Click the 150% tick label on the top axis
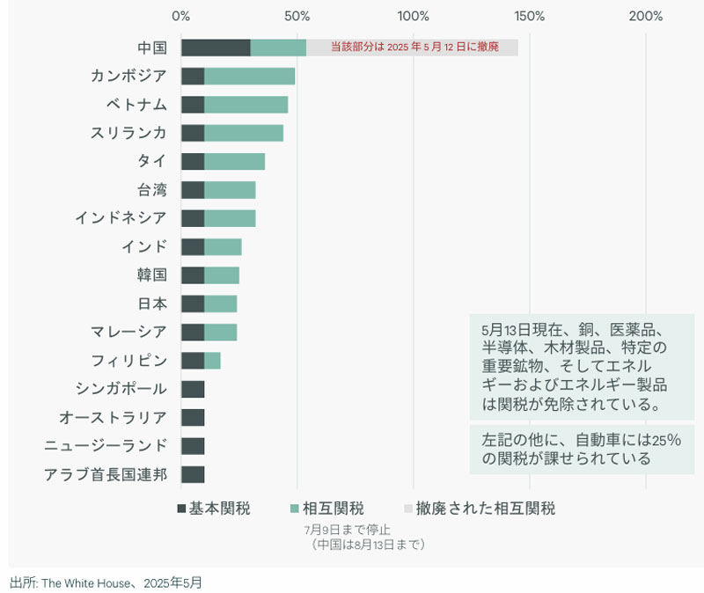(x=530, y=16)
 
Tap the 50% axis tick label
(x=297, y=16)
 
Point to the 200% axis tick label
(x=646, y=16)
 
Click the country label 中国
(x=151, y=48)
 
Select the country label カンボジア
(x=128, y=76)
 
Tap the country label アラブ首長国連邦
(x=106, y=475)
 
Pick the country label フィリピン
(x=128, y=361)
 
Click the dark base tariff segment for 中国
(x=216, y=48)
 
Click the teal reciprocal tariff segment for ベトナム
(x=246, y=105)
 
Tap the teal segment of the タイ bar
(x=234, y=162)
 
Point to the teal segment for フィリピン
(x=212, y=361)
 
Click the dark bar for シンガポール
(x=193, y=389)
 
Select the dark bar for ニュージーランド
(x=193, y=446)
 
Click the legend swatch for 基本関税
(x=182, y=509)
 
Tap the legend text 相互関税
(x=334, y=509)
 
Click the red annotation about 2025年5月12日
(x=414, y=48)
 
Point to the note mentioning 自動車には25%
(x=581, y=449)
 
